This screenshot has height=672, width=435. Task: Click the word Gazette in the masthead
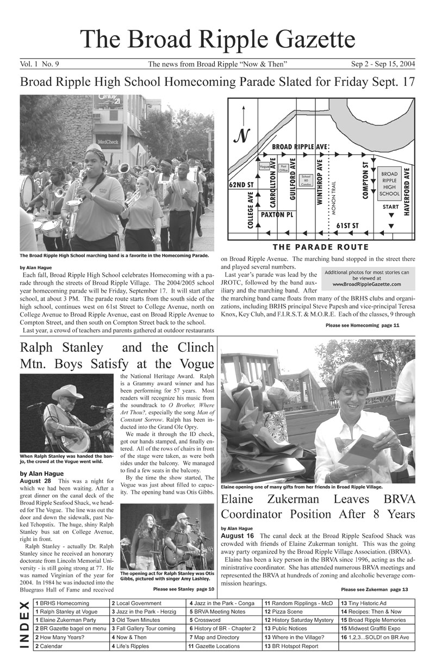point(305,39)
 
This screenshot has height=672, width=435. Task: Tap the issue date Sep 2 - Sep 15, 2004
point(383,64)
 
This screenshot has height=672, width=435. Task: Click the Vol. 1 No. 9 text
point(39,64)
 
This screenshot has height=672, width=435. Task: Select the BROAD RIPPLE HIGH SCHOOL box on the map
point(389,184)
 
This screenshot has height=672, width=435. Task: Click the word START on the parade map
point(390,207)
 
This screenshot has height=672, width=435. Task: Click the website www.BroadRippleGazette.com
point(366,284)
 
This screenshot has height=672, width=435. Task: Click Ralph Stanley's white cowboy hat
point(67,392)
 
